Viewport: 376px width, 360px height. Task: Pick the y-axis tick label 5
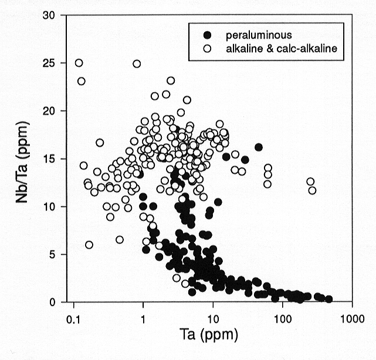coord(55,254)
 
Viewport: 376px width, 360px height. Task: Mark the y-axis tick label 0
coord(55,302)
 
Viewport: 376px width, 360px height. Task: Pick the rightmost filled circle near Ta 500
coord(328,299)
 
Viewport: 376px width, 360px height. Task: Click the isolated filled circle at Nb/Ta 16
coord(259,147)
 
